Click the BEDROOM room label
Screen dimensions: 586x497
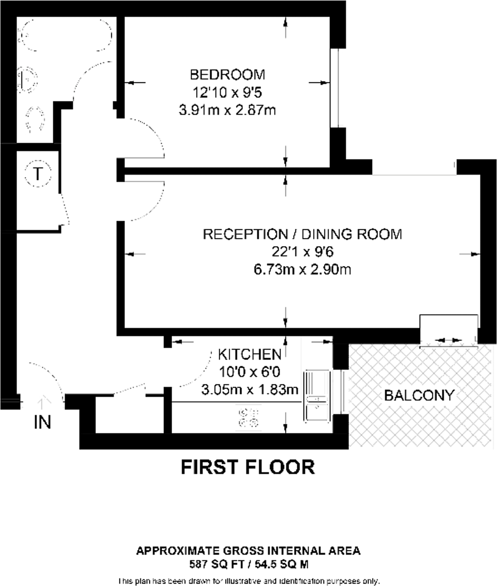pyautogui.click(x=227, y=75)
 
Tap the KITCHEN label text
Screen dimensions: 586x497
pyautogui.click(x=250, y=355)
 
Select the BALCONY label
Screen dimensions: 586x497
pyautogui.click(x=419, y=395)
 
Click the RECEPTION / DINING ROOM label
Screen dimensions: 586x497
pyautogui.click(x=302, y=234)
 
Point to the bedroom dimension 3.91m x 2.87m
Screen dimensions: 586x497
pyautogui.click(x=227, y=110)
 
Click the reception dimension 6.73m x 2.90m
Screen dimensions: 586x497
pyautogui.click(x=302, y=270)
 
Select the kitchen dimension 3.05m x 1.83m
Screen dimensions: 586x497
pyautogui.click(x=250, y=390)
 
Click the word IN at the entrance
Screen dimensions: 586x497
pyautogui.click(x=42, y=422)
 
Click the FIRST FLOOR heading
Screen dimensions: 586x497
pyautogui.click(x=248, y=467)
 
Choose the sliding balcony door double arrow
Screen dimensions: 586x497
pyautogui.click(x=448, y=340)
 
